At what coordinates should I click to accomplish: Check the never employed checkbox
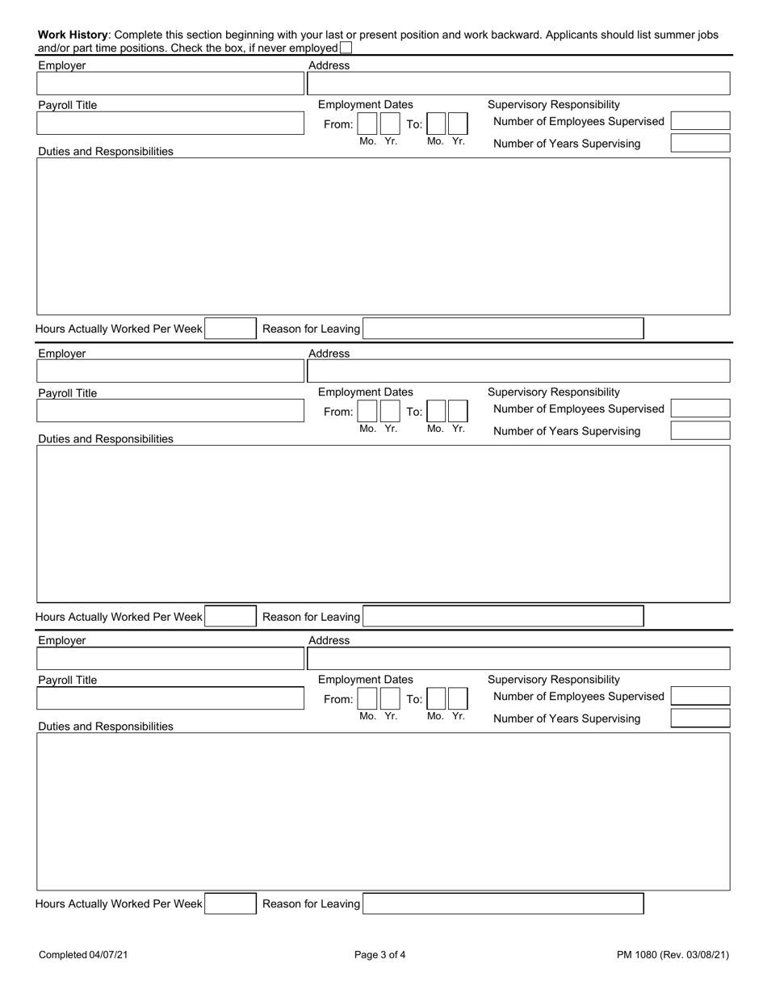(x=346, y=48)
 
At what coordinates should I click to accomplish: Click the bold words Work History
(x=73, y=35)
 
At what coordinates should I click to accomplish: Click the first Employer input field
(x=170, y=83)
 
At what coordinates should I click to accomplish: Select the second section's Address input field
(x=518, y=371)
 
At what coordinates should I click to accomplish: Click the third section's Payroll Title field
(x=170, y=698)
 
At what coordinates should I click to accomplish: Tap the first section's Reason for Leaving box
(x=503, y=329)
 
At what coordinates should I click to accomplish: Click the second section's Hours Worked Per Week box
(x=230, y=617)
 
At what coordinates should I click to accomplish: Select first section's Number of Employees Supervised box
(x=700, y=121)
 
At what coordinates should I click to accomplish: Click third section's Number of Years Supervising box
(x=700, y=719)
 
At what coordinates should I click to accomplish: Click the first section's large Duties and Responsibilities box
(x=383, y=236)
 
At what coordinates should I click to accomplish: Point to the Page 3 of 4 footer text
(x=380, y=955)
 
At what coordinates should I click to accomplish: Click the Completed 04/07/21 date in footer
(x=83, y=955)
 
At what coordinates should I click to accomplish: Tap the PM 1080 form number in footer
(x=673, y=955)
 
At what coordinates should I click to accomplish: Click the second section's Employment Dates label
(x=366, y=392)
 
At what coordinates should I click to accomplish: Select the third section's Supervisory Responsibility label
(x=554, y=680)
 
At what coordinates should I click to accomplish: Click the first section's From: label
(x=338, y=124)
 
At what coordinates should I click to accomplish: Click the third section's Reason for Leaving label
(x=312, y=904)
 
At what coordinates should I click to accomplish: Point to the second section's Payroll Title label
(x=68, y=393)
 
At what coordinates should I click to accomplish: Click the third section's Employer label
(x=62, y=640)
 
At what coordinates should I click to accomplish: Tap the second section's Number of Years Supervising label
(x=567, y=431)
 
